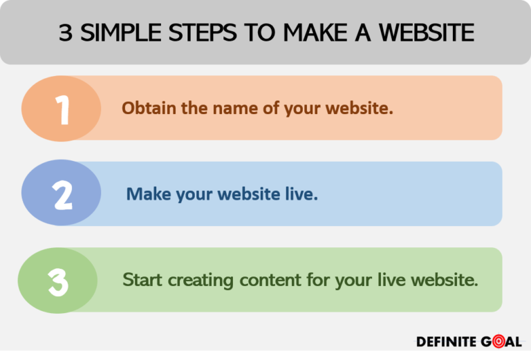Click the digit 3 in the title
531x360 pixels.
65,32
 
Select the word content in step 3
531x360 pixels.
268,280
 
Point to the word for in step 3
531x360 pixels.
315,280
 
